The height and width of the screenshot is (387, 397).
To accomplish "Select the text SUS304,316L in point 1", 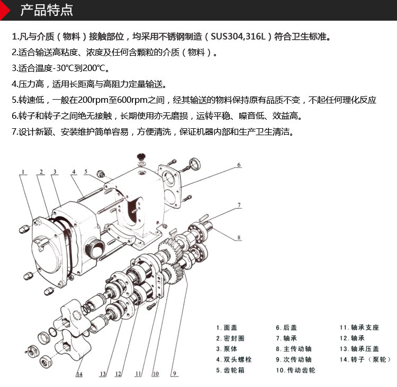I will coord(240,37).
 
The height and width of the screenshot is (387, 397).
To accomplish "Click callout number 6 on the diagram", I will coord(239,165).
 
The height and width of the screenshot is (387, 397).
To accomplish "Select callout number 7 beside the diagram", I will coord(239,205).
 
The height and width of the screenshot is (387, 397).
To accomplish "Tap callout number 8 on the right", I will coord(239,238).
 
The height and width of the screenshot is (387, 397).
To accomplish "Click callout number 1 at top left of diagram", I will coord(24,171).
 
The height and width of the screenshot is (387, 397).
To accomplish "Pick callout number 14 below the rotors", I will coord(79,374).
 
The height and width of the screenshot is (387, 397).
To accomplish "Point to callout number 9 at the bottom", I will coord(173,374).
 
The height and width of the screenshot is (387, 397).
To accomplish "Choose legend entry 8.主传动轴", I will coord(293,349).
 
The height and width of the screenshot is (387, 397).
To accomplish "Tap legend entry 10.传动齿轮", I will coord(295,370).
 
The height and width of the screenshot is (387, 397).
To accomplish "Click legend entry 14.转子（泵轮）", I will coord(365,359).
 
